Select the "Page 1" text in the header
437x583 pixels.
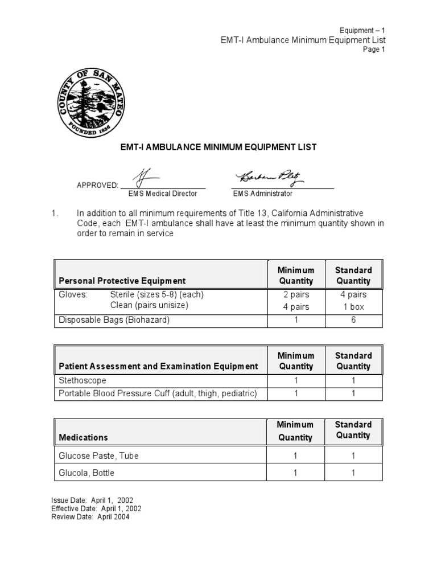(374, 50)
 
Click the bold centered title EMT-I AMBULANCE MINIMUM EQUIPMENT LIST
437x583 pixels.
(218, 147)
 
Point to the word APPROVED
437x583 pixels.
(97, 186)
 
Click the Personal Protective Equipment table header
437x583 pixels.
(122, 281)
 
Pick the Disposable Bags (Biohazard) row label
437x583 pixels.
(114, 320)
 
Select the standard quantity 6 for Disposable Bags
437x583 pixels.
(353, 320)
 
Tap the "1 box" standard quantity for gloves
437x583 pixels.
(353, 307)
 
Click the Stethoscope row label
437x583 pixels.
(83, 380)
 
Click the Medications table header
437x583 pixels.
(83, 437)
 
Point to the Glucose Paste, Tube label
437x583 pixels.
(98, 455)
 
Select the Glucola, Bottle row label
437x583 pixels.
(86, 473)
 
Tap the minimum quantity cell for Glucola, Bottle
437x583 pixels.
(295, 473)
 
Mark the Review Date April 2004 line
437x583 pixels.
(90, 517)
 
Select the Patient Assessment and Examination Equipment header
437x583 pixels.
(158, 366)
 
